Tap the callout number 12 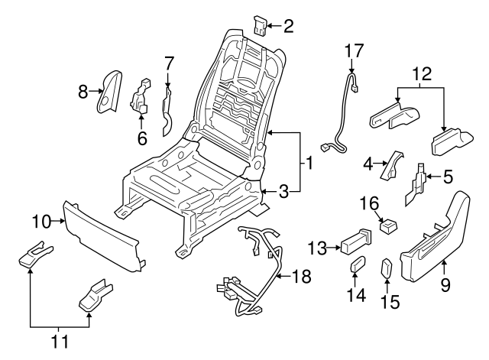[421, 75]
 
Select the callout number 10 [40, 222]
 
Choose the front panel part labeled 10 [99, 233]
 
